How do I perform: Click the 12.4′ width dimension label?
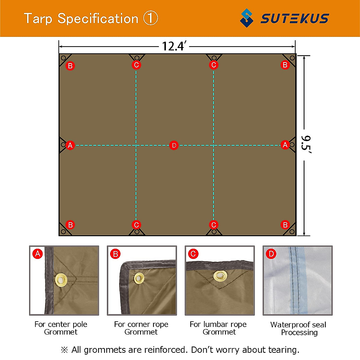coord(174,46)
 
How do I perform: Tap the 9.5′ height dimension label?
coord(306,145)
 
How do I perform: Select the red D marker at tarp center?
coord(174,145)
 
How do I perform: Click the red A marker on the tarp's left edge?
coord(70,145)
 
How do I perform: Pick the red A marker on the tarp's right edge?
coord(285,145)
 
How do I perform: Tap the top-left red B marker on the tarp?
coord(70,66)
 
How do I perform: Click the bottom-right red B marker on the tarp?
coord(285,225)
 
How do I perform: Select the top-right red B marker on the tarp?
coord(285,65)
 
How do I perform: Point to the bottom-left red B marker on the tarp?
coord(70,225)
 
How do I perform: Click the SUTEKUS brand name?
coord(295,19)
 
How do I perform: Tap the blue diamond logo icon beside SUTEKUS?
coord(247,18)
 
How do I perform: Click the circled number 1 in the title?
coord(151,19)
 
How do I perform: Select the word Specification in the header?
coord(98,19)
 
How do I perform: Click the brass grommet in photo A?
coord(61,280)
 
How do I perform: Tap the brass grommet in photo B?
coord(139,278)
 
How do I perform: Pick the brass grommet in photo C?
coord(220,275)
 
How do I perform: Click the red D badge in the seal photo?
coord(271,254)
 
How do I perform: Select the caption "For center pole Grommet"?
coord(61,328)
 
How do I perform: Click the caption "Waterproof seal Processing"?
coord(298,328)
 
